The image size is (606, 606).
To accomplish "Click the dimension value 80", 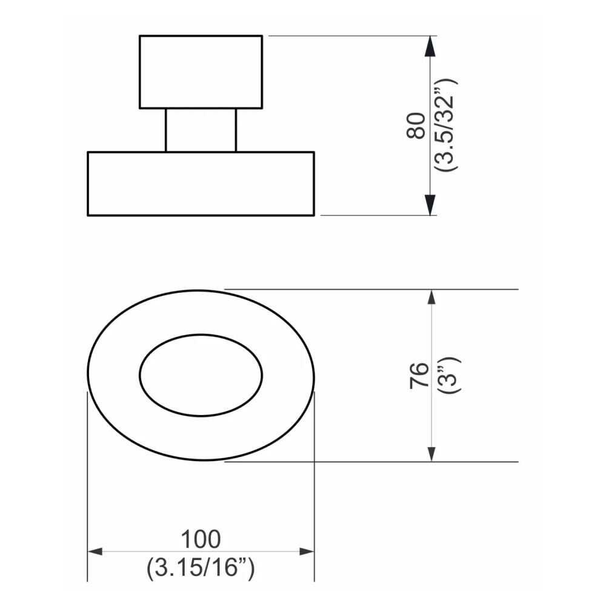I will pyautogui.click(x=417, y=126).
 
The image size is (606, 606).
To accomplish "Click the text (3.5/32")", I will pyautogui.click(x=449, y=126).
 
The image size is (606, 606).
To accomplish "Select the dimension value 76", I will pyautogui.click(x=419, y=376).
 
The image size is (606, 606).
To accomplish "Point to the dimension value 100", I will pyautogui.click(x=201, y=538).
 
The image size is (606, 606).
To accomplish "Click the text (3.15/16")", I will pyautogui.click(x=201, y=569).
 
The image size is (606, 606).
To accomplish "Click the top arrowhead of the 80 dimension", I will pyautogui.click(x=430, y=46).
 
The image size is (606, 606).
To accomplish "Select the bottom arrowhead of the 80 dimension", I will pyautogui.click(x=430, y=205).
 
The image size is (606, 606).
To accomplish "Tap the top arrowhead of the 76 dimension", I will pyautogui.click(x=431, y=298).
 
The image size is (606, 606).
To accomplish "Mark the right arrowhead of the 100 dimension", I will pyautogui.click(x=307, y=551).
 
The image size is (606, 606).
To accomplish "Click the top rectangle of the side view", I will pyautogui.click(x=201, y=72).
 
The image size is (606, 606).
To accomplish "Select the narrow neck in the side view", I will pyautogui.click(x=201, y=130).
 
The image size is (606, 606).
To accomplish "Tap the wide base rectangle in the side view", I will pyautogui.click(x=201, y=183).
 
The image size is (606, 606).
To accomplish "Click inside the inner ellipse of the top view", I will pyautogui.click(x=201, y=375).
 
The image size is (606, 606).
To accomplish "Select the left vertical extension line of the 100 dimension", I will pyautogui.click(x=88, y=485).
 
